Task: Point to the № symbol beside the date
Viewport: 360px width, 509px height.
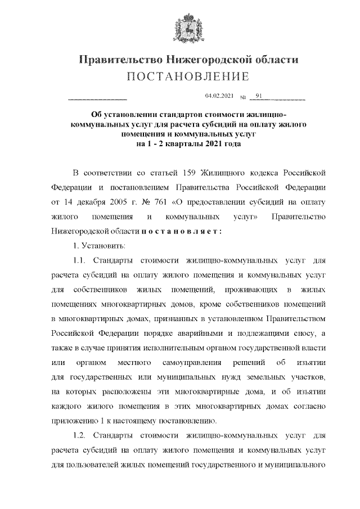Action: click(244, 98)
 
